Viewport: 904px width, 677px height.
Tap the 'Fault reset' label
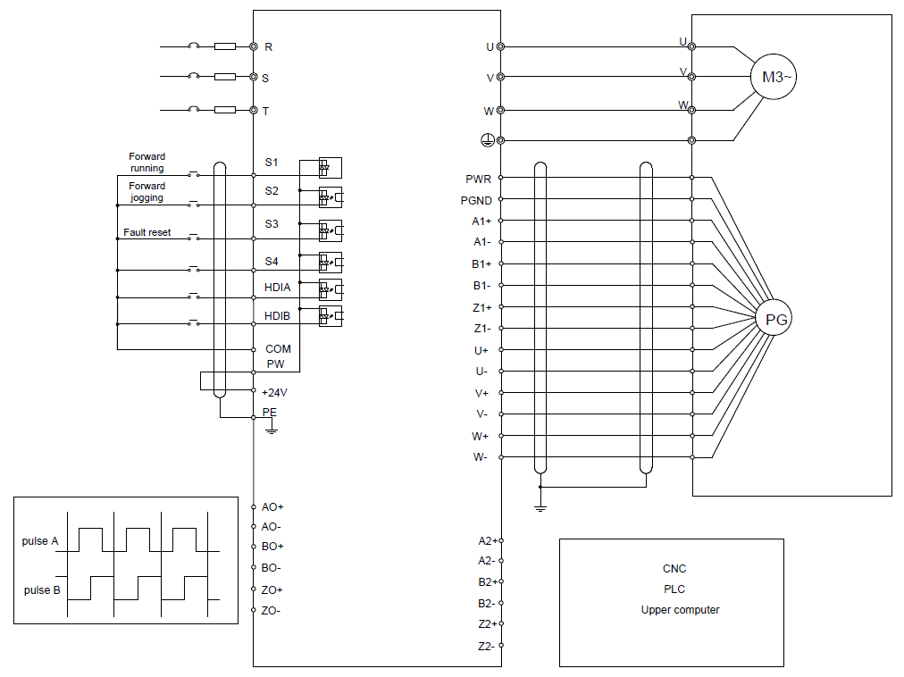pyautogui.click(x=147, y=232)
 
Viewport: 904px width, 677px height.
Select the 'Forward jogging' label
pyautogui.click(x=147, y=191)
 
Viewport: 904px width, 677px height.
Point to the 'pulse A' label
pyautogui.click(x=40, y=541)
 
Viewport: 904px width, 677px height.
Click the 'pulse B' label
pyautogui.click(x=41, y=590)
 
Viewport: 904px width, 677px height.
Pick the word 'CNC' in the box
pyautogui.click(x=674, y=569)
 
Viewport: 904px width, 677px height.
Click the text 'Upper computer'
pyautogui.click(x=680, y=609)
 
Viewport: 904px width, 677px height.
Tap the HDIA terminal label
pyautogui.click(x=277, y=288)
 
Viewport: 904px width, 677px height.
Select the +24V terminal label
pyautogui.click(x=274, y=393)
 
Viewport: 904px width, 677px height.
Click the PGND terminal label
pyautogui.click(x=476, y=201)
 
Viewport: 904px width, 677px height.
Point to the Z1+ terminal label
pyautogui.click(x=482, y=308)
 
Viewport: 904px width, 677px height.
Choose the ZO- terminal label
pyautogui.click(x=271, y=611)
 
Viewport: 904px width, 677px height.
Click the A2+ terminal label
pyautogui.click(x=488, y=541)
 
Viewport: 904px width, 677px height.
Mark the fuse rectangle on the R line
pyautogui.click(x=225, y=46)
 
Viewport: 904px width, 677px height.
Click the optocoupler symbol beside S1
pyautogui.click(x=331, y=168)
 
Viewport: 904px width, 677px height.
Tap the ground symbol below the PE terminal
pyautogui.click(x=272, y=429)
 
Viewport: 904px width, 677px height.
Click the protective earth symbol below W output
pyautogui.click(x=488, y=140)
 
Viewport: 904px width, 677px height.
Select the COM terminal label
pyautogui.click(x=278, y=349)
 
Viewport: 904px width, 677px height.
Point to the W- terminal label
pyautogui.click(x=481, y=457)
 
